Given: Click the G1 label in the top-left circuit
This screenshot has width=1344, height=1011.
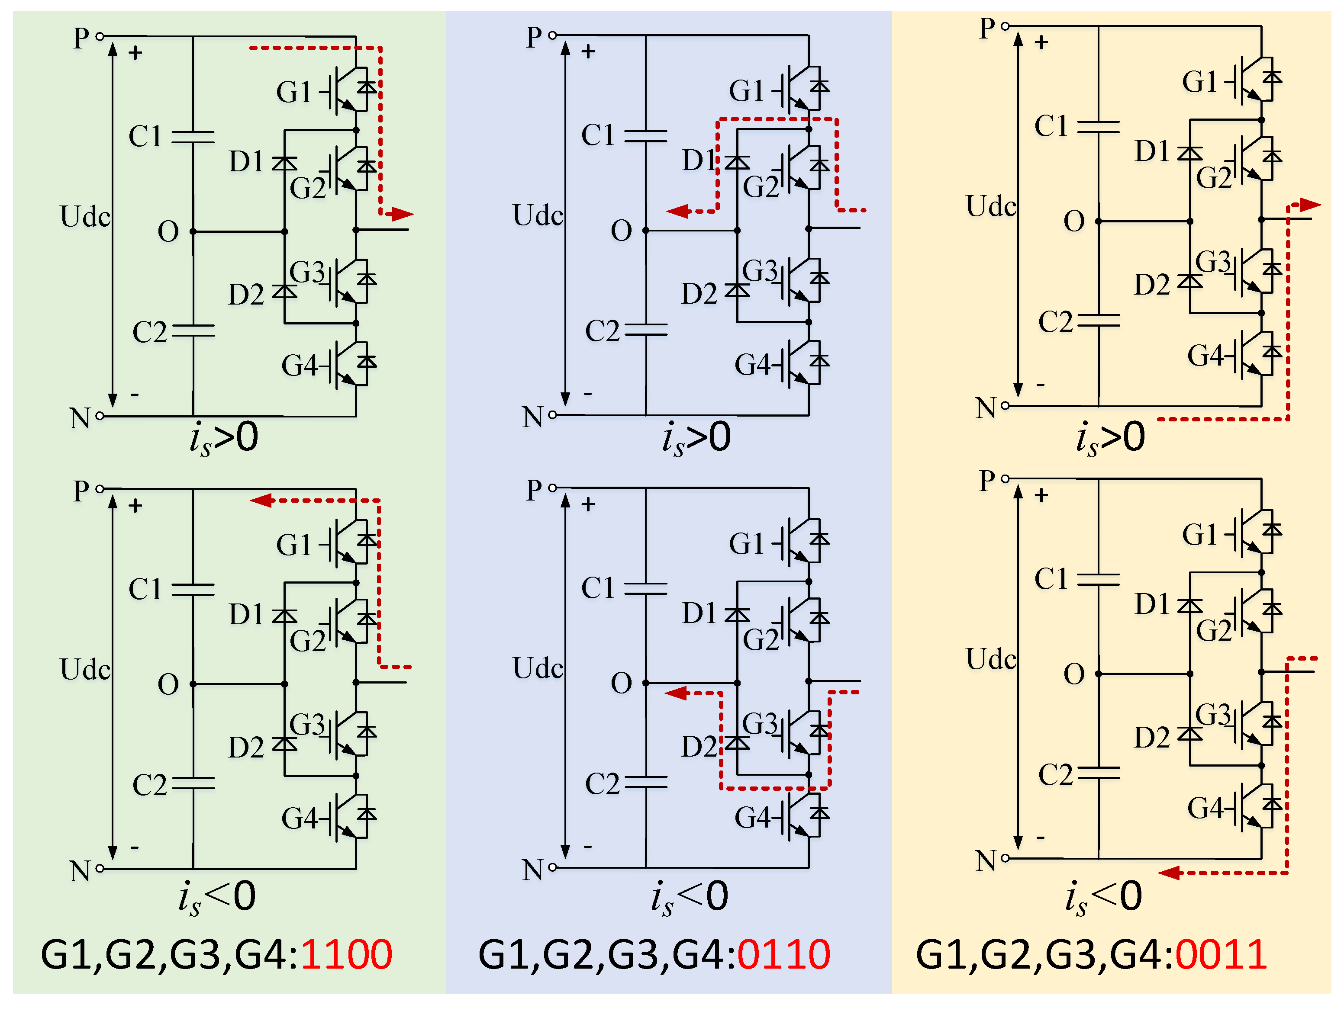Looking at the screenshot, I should click(x=293, y=92).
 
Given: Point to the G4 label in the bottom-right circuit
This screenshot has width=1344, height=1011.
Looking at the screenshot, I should click(x=1205, y=808).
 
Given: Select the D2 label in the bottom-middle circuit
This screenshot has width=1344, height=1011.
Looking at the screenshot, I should click(x=699, y=747).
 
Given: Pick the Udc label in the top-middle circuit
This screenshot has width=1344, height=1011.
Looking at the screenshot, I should click(x=538, y=215).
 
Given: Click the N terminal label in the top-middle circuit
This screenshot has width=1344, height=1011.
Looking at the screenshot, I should click(x=532, y=417).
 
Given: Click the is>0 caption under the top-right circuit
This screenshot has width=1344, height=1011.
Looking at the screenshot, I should click(x=1110, y=438).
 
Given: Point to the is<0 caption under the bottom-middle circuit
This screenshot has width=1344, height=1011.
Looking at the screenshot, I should click(x=690, y=896).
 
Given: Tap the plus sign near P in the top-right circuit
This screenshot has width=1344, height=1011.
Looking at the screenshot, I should click(x=1041, y=42).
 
